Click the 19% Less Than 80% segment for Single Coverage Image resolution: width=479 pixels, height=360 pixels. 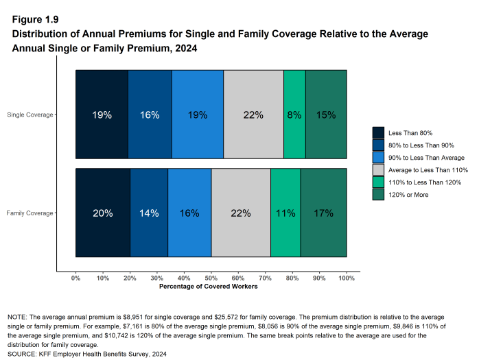[x=102, y=115]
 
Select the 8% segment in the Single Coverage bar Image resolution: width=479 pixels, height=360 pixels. [x=294, y=115]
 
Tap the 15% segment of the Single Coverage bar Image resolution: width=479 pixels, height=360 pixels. [x=326, y=115]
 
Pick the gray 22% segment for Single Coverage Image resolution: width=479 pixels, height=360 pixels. [x=253, y=115]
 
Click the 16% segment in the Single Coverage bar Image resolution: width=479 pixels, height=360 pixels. [x=150, y=115]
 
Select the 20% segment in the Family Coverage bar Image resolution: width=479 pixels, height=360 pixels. [x=103, y=213]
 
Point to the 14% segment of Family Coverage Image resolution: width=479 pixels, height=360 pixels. [x=149, y=213]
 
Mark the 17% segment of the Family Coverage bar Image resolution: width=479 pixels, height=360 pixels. [x=323, y=213]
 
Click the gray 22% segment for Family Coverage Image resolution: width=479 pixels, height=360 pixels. [x=241, y=213]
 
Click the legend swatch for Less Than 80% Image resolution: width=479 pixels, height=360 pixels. [x=378, y=132]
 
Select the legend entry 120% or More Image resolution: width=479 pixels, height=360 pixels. [x=409, y=195]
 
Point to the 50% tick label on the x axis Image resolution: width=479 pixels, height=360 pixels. [x=211, y=278]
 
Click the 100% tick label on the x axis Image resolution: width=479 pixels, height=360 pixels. [x=347, y=278]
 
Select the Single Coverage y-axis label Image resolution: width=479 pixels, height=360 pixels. [x=30, y=115]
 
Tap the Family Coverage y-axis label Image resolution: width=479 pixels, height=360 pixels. [x=30, y=213]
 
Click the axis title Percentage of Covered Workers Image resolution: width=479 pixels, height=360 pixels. [x=208, y=287]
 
